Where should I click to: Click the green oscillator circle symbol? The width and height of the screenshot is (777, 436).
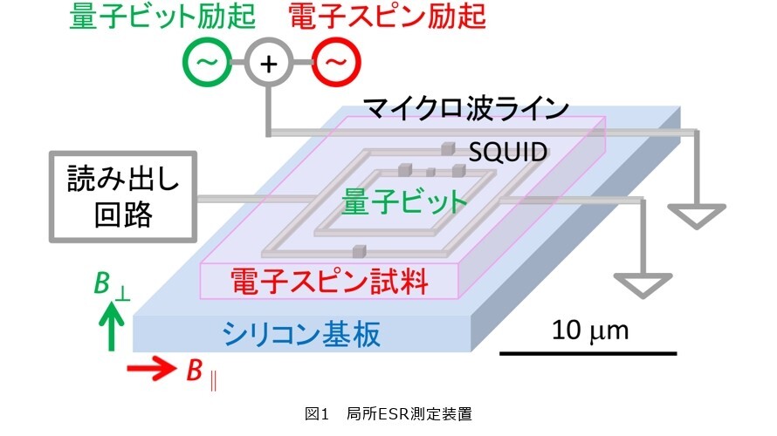coord(207,63)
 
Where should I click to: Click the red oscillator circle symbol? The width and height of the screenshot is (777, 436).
coord(336,63)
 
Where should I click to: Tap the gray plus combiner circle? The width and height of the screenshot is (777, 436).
coord(268,63)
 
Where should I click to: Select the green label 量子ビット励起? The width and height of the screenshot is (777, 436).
coord(162,17)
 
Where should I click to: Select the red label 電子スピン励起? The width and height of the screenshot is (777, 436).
coord(387,17)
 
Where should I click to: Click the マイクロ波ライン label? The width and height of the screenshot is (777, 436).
coord(466,108)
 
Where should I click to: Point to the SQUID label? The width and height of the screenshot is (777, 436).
coord(508,153)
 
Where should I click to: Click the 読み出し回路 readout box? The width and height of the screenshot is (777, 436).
coord(123,197)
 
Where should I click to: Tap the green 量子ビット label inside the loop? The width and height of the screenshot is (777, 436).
coord(404,202)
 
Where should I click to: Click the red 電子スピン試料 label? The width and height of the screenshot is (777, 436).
coord(329,281)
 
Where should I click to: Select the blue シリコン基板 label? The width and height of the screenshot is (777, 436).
coord(301,334)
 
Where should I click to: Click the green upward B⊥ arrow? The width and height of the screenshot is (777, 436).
coord(111,327)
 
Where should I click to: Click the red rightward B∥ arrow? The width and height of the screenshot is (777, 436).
coord(152,369)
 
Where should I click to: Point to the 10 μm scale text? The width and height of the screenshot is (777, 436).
coord(589,330)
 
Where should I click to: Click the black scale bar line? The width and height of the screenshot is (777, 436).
coord(588,353)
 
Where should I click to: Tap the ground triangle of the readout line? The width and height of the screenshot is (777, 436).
coord(643,285)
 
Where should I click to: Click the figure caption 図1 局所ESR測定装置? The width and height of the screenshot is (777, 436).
coord(388,413)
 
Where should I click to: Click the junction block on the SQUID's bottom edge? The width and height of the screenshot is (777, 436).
coord(359,251)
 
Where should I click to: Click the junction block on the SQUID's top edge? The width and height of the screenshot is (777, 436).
coord(448,148)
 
